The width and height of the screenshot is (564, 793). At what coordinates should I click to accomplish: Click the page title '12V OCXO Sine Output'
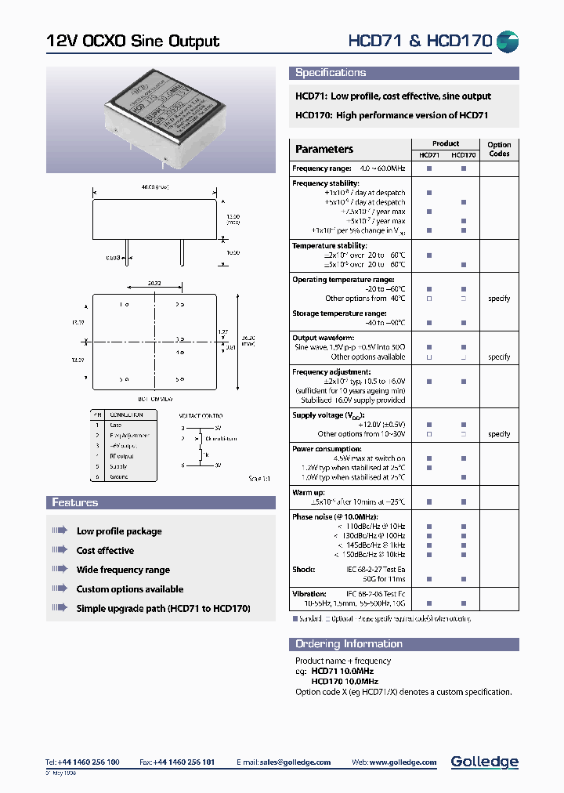pyautogui.click(x=132, y=42)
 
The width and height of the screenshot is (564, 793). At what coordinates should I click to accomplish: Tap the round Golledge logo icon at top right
pyautogui.click(x=508, y=42)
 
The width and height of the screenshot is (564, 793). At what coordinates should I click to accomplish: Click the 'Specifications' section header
pyautogui.click(x=331, y=73)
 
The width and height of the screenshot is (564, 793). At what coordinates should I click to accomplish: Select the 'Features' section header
pyautogui.click(x=75, y=502)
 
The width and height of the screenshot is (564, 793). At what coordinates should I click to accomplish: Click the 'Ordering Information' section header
pyautogui.click(x=349, y=644)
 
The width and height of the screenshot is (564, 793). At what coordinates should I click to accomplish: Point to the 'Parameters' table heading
pyautogui.click(x=324, y=149)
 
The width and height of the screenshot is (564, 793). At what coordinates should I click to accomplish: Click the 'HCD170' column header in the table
pyautogui.click(x=464, y=155)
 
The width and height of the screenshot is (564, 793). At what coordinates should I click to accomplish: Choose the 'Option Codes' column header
pyautogui.click(x=499, y=149)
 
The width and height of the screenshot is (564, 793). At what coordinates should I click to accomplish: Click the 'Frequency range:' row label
pyautogui.click(x=322, y=168)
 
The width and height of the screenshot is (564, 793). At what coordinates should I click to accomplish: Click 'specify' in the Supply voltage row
pyautogui.click(x=499, y=434)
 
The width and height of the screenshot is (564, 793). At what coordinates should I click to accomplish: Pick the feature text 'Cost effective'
pyautogui.click(x=105, y=551)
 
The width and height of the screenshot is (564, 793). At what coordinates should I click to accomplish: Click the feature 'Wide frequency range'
pyautogui.click(x=123, y=570)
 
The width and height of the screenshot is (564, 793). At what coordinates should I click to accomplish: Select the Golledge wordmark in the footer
pyautogui.click(x=484, y=762)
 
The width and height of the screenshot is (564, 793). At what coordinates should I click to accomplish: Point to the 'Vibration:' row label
pyautogui.click(x=310, y=594)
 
